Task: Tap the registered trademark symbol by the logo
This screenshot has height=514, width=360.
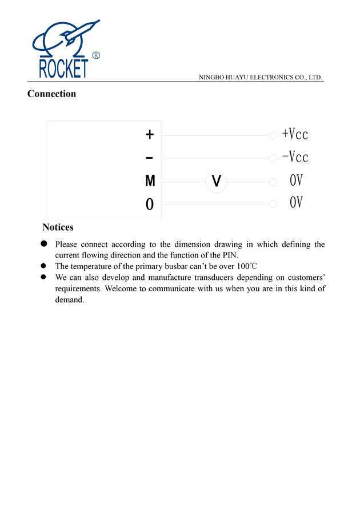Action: pos(96,55)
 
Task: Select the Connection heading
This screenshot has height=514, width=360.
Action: pos(51,94)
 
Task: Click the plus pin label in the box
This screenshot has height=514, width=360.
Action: pos(150,135)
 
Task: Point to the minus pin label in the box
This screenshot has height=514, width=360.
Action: pos(150,158)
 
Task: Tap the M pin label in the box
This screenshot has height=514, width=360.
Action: pos(150,182)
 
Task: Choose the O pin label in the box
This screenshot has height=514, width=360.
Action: pos(150,204)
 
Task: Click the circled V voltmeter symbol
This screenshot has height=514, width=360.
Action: pos(217,182)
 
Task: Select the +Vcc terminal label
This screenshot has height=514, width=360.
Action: pos(295,134)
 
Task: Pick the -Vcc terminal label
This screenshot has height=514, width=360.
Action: pos(295,156)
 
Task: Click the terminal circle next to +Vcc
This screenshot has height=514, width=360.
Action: pos(273,135)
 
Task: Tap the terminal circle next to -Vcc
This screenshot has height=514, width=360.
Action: pos(273,158)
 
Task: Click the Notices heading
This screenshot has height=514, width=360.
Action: pos(58,227)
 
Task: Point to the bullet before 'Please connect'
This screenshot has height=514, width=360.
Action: pos(43,244)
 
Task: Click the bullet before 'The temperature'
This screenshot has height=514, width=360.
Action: pos(43,266)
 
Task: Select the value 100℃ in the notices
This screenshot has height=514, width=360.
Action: pos(246,266)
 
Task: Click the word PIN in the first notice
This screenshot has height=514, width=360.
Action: pos(230,255)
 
